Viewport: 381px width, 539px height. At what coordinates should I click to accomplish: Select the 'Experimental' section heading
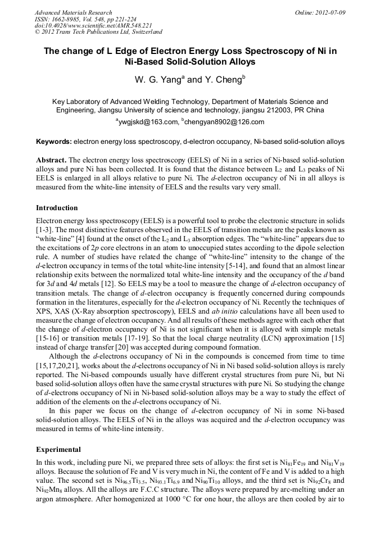pyautogui.click(x=58, y=449)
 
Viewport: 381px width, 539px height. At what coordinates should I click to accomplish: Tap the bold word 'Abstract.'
pyautogui.click(x=52, y=160)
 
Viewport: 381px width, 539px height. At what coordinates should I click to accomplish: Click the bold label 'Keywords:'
pyautogui.click(x=53, y=142)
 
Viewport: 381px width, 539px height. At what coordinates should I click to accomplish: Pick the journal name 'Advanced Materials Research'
pyautogui.click(x=73, y=12)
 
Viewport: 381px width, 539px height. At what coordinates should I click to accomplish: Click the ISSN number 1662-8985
pyautogui.click(x=66, y=19)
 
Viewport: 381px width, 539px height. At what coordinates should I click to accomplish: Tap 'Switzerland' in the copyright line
pyautogui.click(x=144, y=32)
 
